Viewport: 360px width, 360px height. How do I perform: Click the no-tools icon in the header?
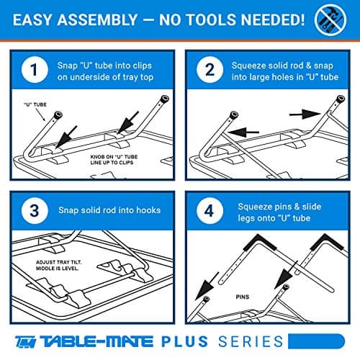click(x=330, y=19)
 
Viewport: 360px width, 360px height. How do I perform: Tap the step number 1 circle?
click(x=35, y=70)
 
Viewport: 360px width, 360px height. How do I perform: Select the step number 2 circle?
click(x=210, y=70)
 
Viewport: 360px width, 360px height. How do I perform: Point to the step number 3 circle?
click(x=35, y=211)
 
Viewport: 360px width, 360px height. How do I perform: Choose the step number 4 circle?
click(x=210, y=211)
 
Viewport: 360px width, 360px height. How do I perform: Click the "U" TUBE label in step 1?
click(x=35, y=104)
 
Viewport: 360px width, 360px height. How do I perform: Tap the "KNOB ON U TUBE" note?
click(x=114, y=160)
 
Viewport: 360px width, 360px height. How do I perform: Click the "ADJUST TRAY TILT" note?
click(x=58, y=265)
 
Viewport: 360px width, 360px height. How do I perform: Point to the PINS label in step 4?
click(x=243, y=297)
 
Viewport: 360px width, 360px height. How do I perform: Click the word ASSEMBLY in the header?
click(x=97, y=19)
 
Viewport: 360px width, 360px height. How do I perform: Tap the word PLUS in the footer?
click(x=184, y=341)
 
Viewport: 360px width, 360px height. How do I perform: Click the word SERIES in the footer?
click(x=251, y=341)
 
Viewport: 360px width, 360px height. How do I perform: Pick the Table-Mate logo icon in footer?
click(x=26, y=341)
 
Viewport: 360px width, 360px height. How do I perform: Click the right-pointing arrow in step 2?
click(x=305, y=114)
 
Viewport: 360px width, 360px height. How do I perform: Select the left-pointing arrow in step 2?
click(x=243, y=132)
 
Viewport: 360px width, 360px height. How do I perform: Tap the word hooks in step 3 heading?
click(x=148, y=210)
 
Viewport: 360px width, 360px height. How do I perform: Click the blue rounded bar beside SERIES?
click(x=316, y=341)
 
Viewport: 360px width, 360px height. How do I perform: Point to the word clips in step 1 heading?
click(x=141, y=66)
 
